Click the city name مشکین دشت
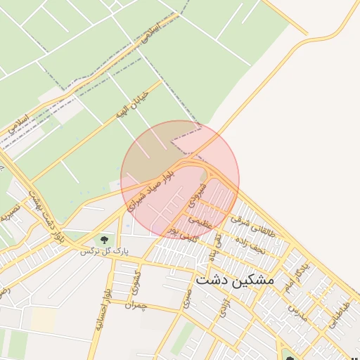pyautogui.click(x=235, y=280)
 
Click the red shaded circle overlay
pyautogui.click(x=180, y=179)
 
